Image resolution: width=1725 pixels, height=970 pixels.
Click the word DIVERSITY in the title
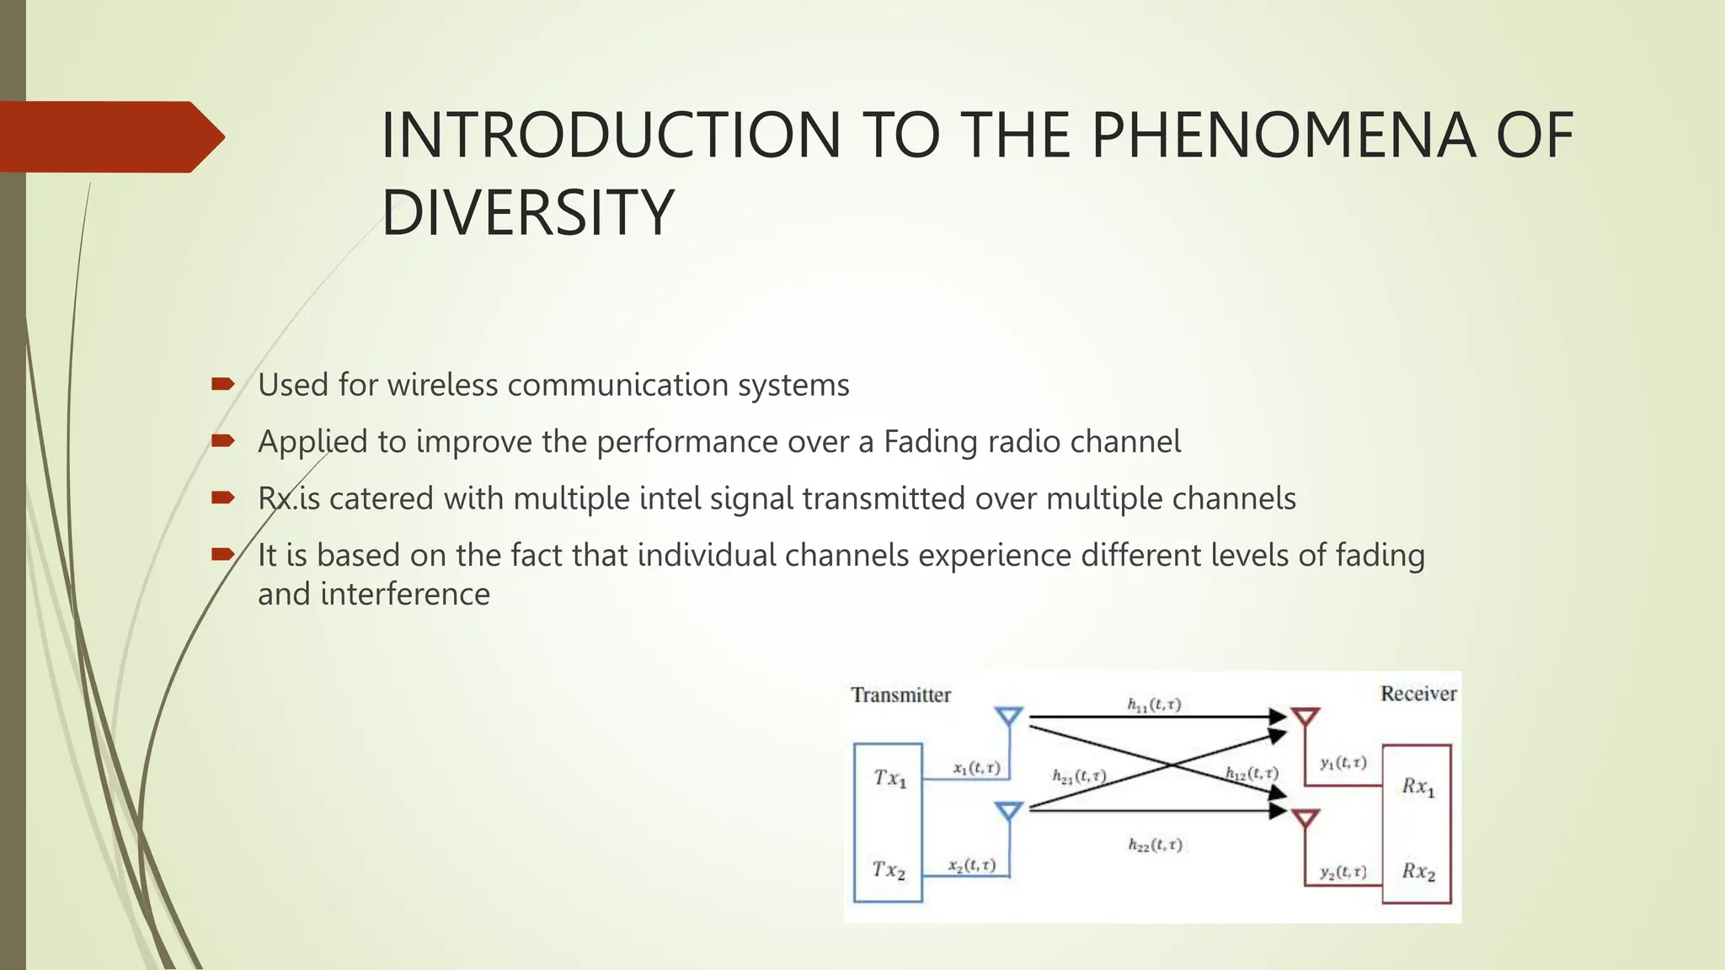tap(527, 212)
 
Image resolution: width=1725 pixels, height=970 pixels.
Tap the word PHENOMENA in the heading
tap(1283, 136)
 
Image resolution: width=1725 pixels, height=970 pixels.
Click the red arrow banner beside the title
tap(109, 137)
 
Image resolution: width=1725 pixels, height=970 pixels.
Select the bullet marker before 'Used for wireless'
tap(222, 385)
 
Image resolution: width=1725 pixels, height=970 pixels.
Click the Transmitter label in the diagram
tap(900, 695)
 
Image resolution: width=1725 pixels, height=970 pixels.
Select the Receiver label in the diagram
tap(1418, 693)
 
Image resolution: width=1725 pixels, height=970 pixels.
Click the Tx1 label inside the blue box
tap(889, 778)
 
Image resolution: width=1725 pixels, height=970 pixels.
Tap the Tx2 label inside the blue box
tap(889, 870)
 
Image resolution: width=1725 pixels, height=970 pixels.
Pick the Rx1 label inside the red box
tap(1418, 786)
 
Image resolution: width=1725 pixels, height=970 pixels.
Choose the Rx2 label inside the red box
tap(1418, 871)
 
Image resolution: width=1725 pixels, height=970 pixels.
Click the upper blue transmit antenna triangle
tap(1008, 716)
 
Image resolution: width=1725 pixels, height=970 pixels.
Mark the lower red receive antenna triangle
tap(1305, 817)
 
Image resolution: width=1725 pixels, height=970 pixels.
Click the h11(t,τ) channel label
tap(1154, 704)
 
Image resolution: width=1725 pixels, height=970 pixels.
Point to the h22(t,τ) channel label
tap(1155, 845)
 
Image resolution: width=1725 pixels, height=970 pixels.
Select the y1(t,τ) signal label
tap(1343, 763)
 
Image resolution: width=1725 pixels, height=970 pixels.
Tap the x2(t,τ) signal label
tap(971, 865)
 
